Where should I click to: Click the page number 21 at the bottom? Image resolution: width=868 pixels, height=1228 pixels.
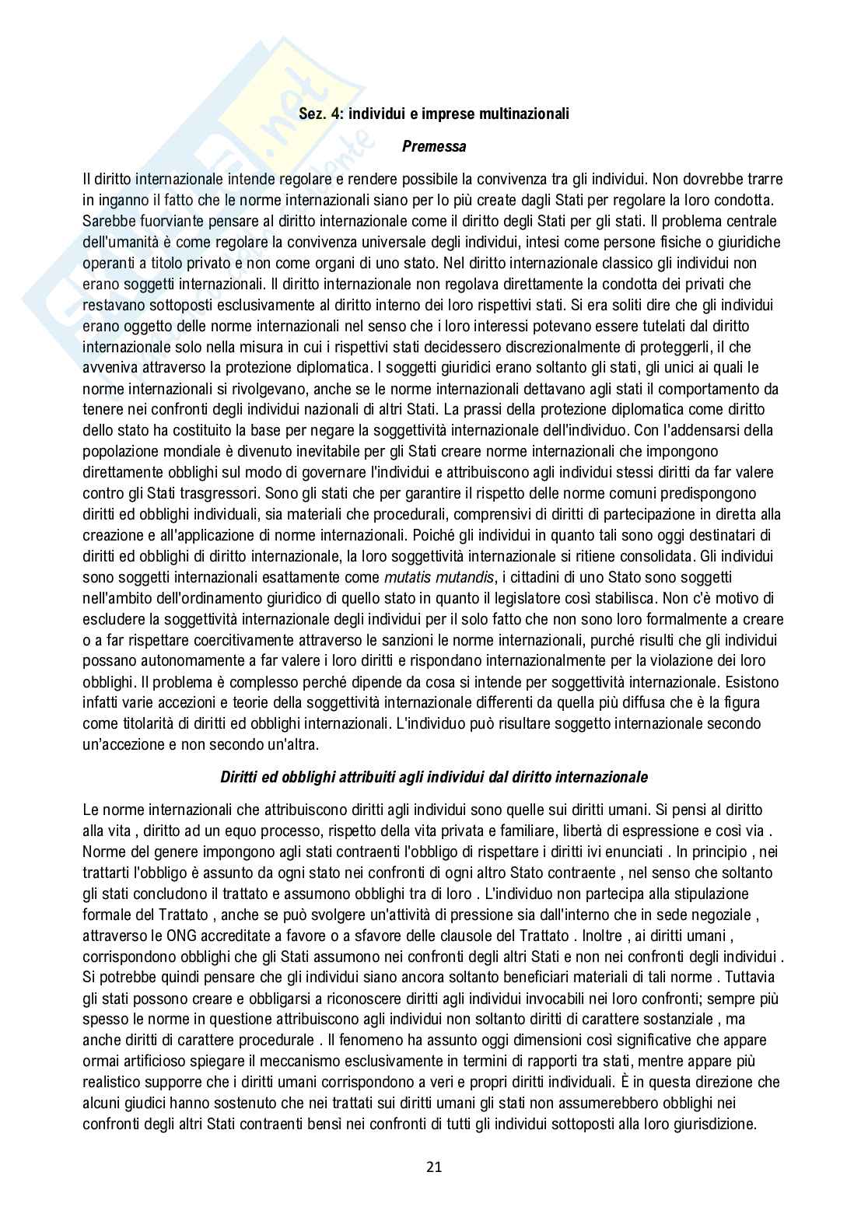pyautogui.click(x=434, y=1166)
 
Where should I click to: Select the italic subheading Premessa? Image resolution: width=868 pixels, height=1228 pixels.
pyautogui.click(x=434, y=145)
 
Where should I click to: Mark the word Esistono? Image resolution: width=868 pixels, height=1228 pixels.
pyautogui.click(x=753, y=683)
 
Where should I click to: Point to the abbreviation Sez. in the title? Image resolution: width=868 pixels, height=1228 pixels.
pyautogui.click(x=313, y=114)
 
